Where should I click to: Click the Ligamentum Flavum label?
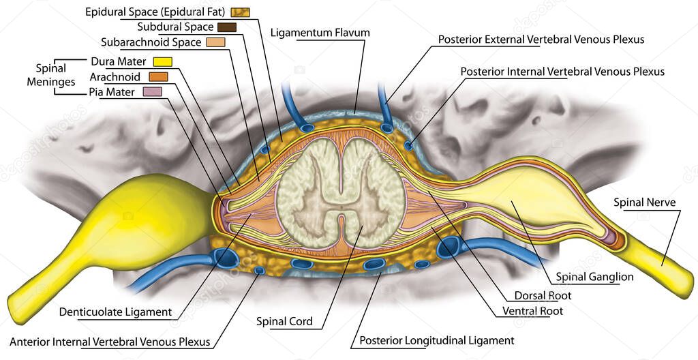(x=320, y=33)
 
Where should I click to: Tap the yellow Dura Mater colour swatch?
(x=163, y=62)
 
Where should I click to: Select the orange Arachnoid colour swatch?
(x=157, y=76)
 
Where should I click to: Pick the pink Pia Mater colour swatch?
(x=151, y=91)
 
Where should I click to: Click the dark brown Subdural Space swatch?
(x=226, y=27)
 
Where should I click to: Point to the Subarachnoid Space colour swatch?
(x=215, y=42)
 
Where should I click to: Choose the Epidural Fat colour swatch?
(x=240, y=12)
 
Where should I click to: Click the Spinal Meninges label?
(x=51, y=75)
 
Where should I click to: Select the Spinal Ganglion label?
(x=594, y=277)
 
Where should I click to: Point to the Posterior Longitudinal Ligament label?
(x=436, y=340)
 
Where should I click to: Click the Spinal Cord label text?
(x=284, y=321)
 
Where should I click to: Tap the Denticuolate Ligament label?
(x=115, y=312)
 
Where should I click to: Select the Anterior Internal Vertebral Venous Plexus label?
(x=110, y=342)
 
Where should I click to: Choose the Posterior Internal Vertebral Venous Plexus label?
(x=562, y=71)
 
